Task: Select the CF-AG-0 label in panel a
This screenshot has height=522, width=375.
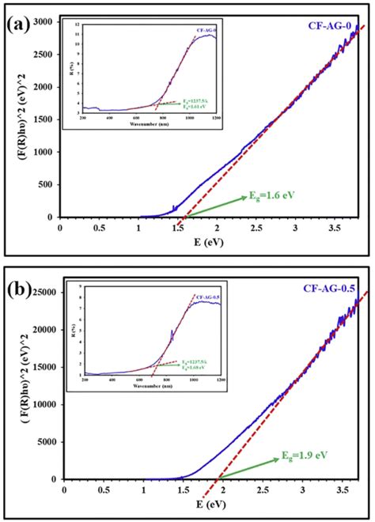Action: point(330,26)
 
